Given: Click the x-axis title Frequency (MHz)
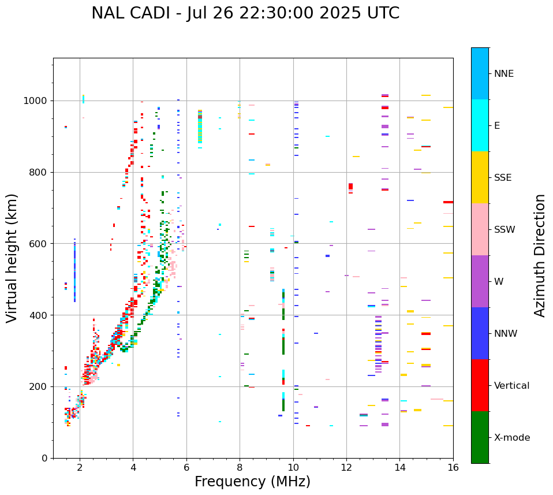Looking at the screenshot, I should (x=252, y=482).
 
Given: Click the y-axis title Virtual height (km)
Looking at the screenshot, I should (x=12, y=258).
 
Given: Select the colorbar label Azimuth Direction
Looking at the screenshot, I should (x=540, y=255).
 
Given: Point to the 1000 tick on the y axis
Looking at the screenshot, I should (x=39, y=101).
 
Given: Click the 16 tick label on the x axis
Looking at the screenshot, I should (x=453, y=467).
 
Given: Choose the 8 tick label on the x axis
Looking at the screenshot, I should (x=240, y=467).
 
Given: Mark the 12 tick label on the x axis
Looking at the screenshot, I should (x=346, y=467).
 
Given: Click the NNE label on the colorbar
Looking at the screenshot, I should (x=503, y=74).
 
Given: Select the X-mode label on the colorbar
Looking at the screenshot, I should (x=511, y=438).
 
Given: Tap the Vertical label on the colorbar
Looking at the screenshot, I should (x=511, y=386).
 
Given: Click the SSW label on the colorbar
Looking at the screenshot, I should (x=505, y=230).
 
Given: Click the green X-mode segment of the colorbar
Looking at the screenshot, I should (x=480, y=437).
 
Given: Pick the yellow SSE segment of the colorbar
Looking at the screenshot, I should (x=480, y=177).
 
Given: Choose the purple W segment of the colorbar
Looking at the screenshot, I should (x=480, y=281).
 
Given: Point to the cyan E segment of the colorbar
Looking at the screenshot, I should (x=480, y=125).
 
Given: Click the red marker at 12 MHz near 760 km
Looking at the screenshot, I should (x=350, y=187).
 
